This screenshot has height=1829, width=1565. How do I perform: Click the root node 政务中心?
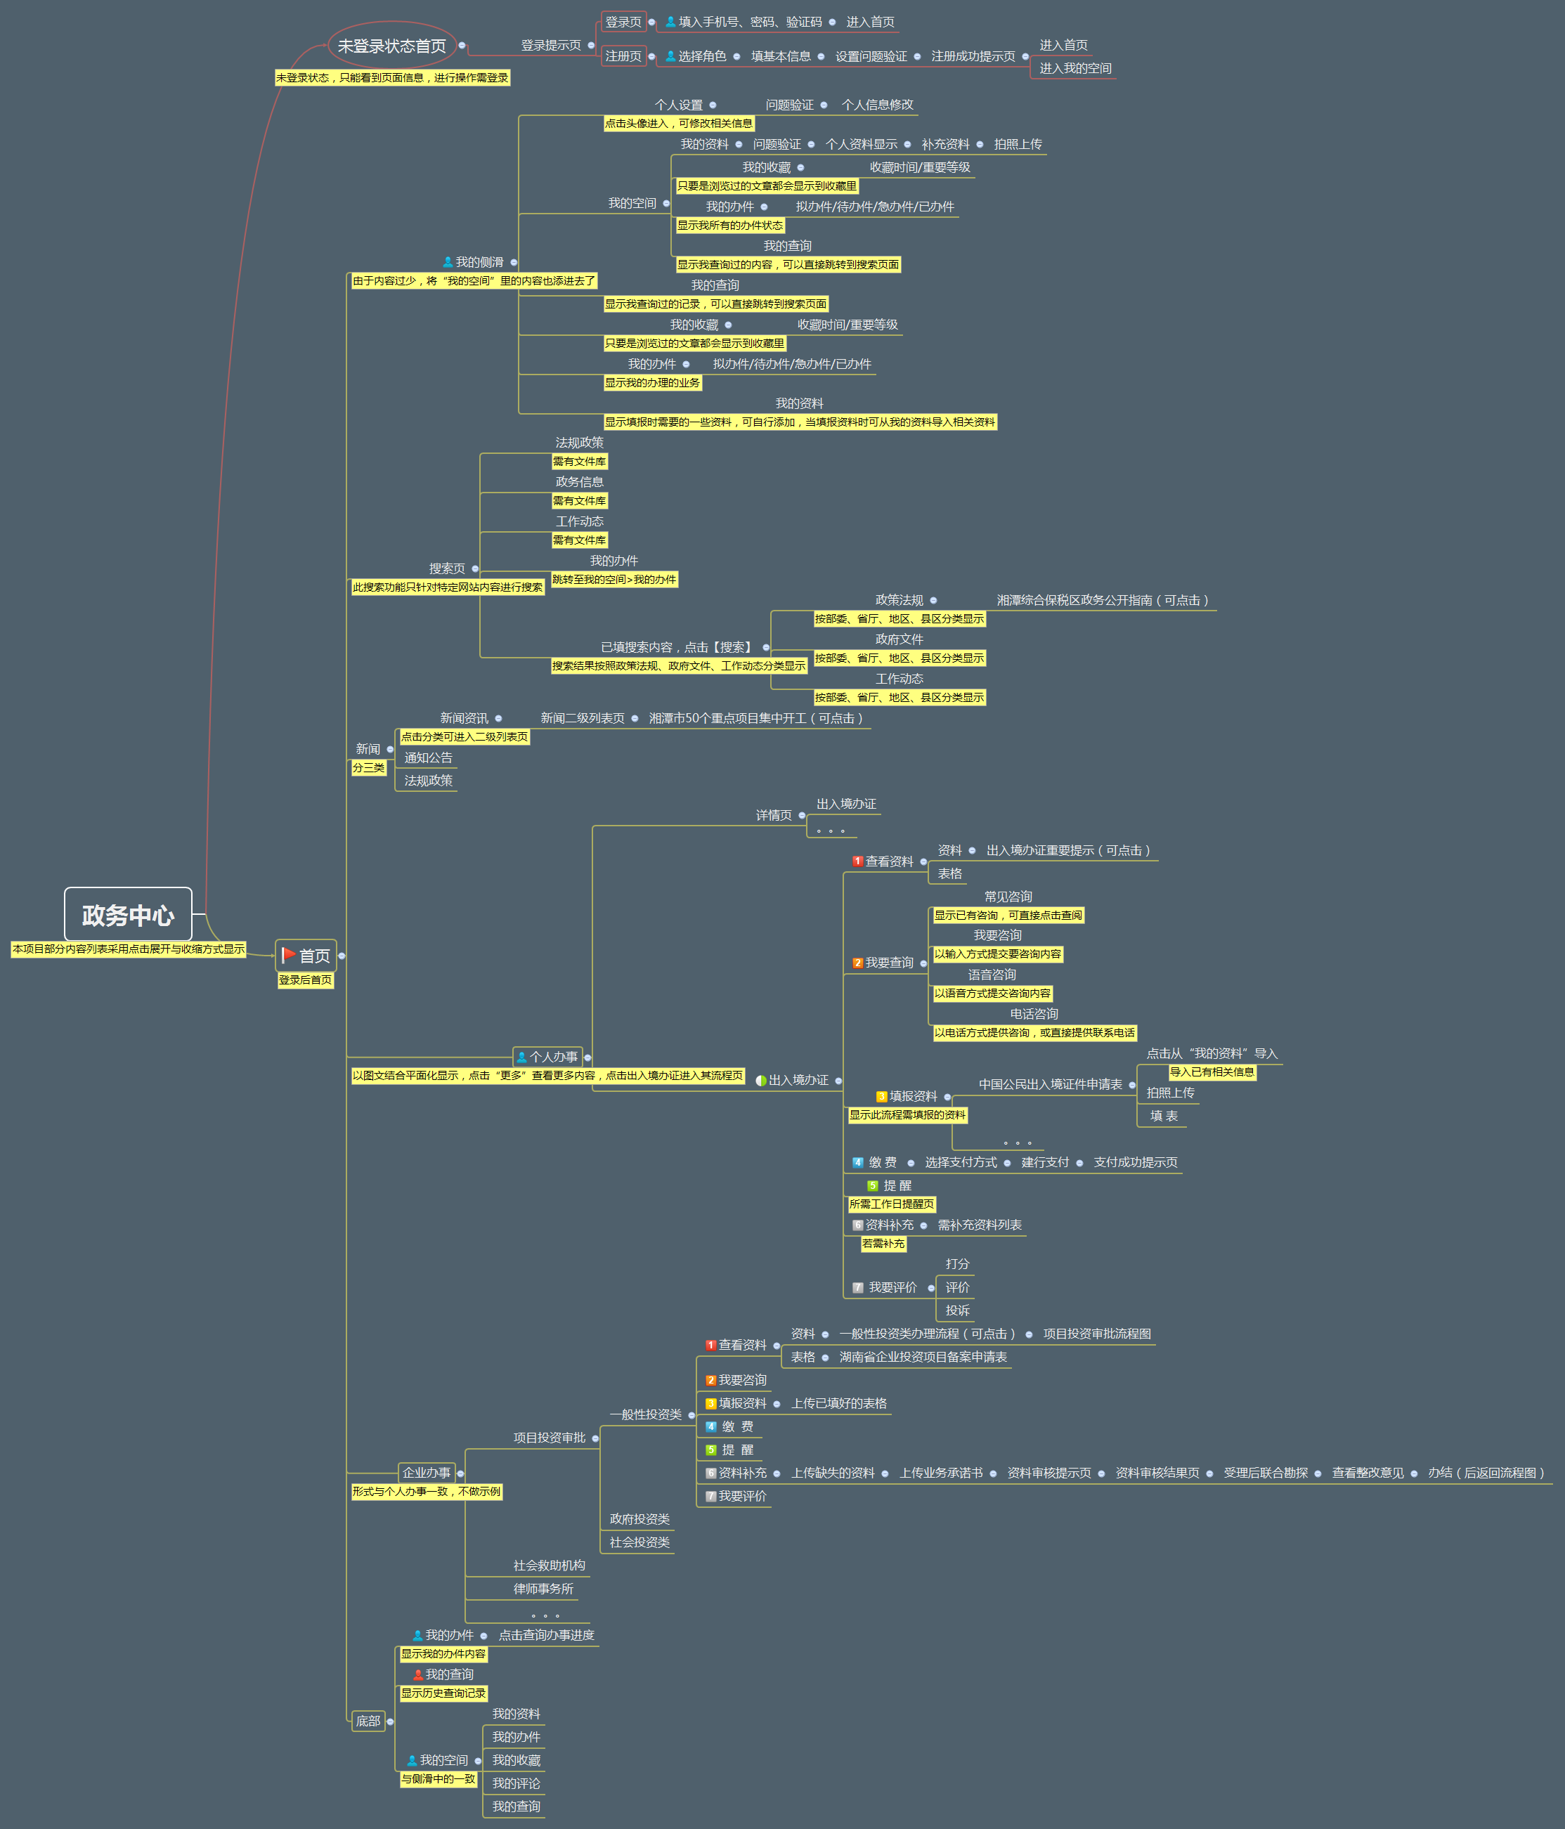[128, 915]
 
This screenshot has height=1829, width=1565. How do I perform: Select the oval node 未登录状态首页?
[392, 46]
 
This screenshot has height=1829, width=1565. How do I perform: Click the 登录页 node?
[623, 22]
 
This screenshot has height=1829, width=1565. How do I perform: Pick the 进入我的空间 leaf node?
[1074, 68]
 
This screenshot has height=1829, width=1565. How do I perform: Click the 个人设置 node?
[679, 105]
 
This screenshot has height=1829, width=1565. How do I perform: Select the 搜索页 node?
[447, 568]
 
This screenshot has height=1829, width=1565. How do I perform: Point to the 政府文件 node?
[899, 639]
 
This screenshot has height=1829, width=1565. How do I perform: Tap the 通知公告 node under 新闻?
[428, 757]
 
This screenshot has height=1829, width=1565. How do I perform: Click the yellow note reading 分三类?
[369, 768]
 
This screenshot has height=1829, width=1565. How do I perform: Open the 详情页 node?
[773, 815]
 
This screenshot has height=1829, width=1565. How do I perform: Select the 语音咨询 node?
[992, 975]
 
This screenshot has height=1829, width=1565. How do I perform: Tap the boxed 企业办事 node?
[427, 1472]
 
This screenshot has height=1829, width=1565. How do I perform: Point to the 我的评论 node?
[516, 1783]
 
